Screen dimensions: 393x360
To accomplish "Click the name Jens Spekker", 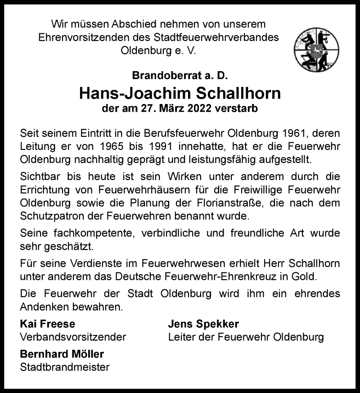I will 203,324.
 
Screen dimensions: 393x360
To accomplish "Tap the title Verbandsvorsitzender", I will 73,337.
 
